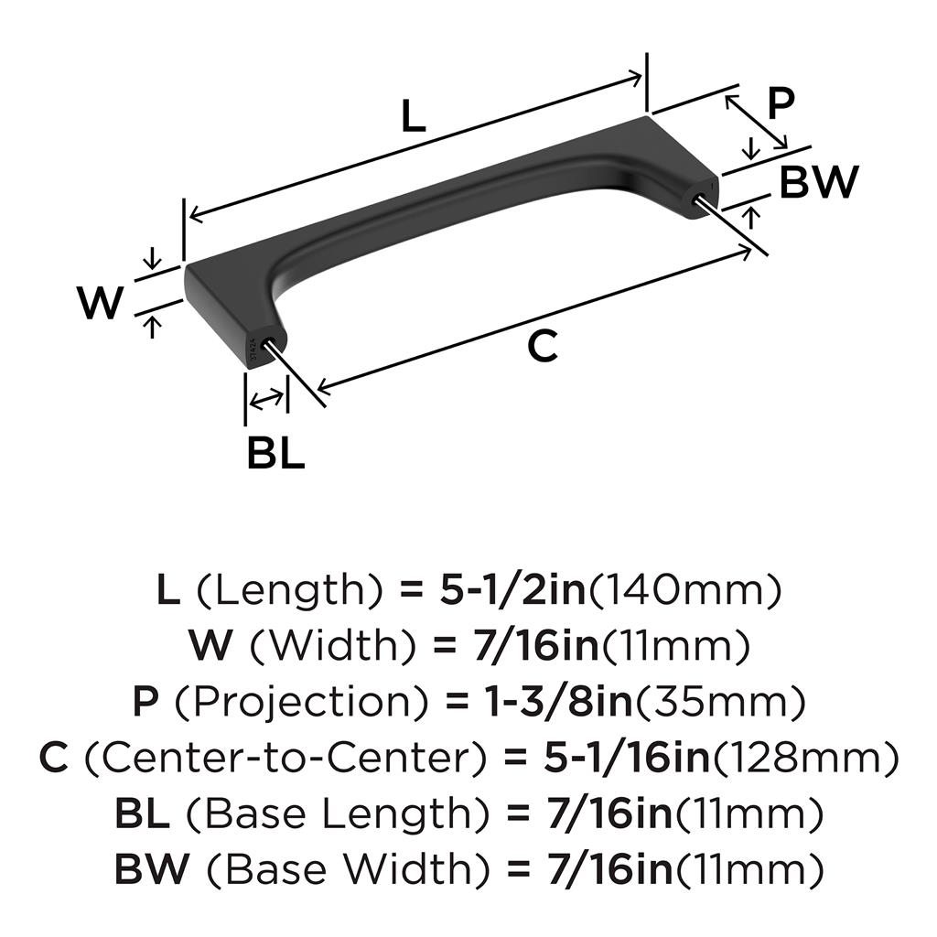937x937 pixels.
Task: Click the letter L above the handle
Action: (414, 116)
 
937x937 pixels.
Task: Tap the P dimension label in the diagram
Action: (780, 104)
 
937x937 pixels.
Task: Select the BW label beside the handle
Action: (819, 182)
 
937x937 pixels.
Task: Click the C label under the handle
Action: (542, 347)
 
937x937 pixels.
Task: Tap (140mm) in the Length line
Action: (684, 592)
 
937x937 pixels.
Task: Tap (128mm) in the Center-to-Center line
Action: (804, 758)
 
